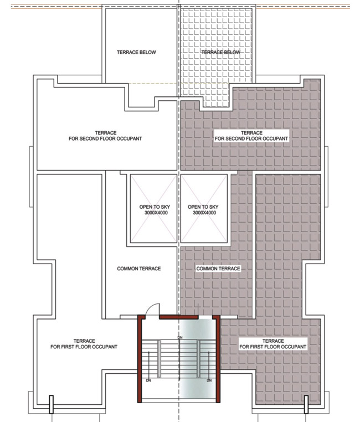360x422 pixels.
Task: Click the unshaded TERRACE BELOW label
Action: tap(136, 53)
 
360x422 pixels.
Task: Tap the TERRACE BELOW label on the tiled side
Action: tap(221, 53)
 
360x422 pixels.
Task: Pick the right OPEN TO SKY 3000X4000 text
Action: tap(204, 209)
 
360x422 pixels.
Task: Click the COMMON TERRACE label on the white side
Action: tap(139, 269)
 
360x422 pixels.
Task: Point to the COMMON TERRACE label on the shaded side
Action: tap(218, 269)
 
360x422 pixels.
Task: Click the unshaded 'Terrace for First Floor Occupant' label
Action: tap(84, 343)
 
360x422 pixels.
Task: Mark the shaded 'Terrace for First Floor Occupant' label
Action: tap(273, 343)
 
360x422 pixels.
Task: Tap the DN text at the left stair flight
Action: tap(148, 381)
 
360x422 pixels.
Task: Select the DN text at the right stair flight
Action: tap(209, 381)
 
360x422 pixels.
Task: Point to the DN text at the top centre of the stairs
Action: tap(179, 337)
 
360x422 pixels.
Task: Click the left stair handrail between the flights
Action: tap(160, 359)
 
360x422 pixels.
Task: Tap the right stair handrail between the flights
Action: tap(198, 359)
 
